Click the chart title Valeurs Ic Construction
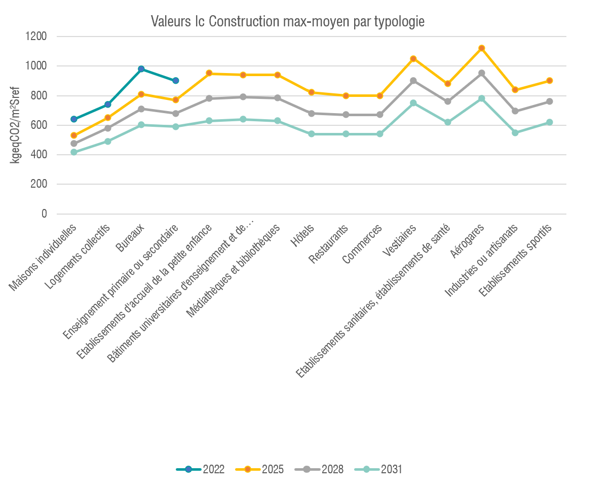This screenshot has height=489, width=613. [287, 22]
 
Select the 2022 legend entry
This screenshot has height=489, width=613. [201, 469]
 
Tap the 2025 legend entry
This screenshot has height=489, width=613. [260, 469]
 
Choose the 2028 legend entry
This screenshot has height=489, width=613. [319, 469]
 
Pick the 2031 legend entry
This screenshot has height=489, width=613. [378, 469]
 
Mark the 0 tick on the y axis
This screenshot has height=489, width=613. [44, 214]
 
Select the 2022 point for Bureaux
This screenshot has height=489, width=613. [141, 69]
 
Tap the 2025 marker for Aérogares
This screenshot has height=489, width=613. [482, 48]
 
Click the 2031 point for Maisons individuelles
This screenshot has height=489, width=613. [74, 152]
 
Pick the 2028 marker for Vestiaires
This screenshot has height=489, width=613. [413, 81]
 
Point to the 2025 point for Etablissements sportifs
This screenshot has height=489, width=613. [550, 81]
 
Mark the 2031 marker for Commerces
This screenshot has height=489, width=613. [379, 134]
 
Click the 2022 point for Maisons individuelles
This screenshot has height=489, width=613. [74, 119]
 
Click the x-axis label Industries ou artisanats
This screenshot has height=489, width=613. [480, 261]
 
